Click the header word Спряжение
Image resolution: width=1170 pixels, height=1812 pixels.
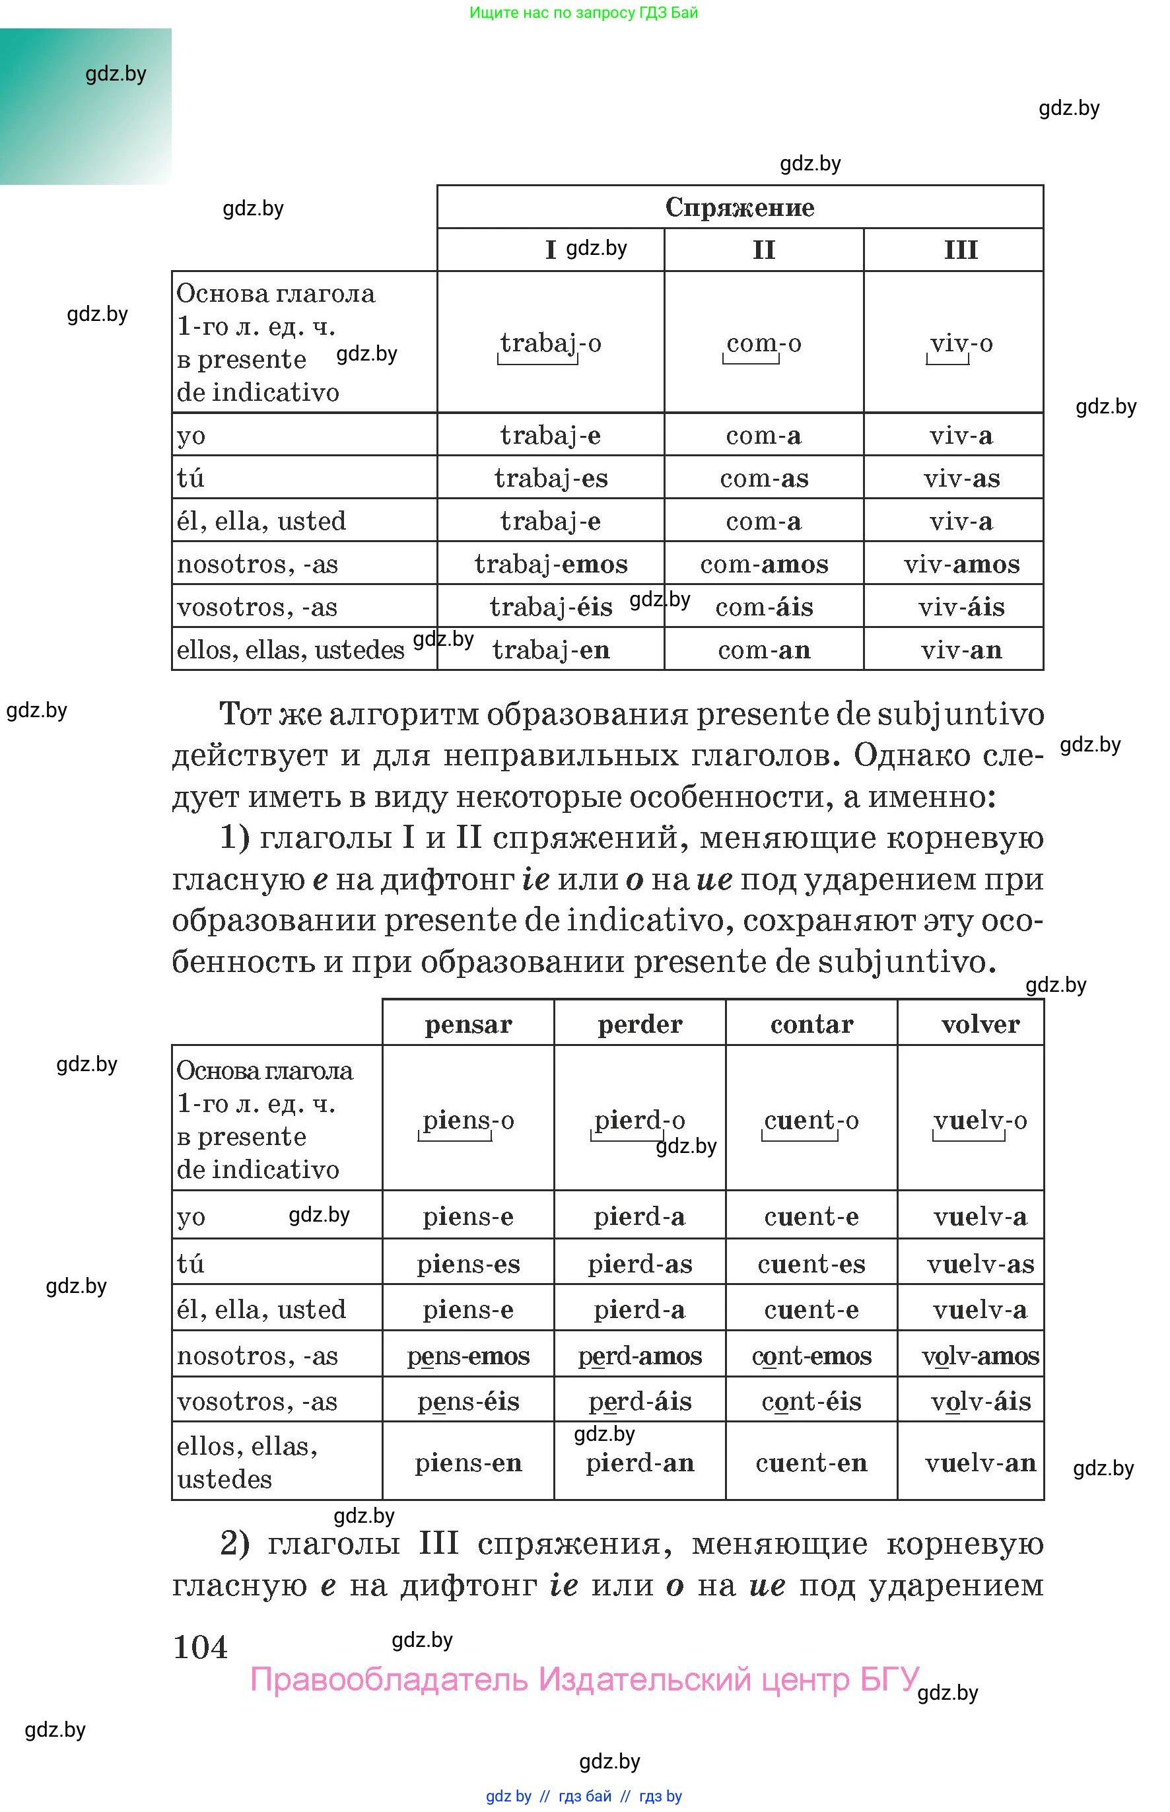[x=740, y=207]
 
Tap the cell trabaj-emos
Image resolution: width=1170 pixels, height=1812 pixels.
[x=551, y=564]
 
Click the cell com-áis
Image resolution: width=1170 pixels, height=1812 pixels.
[x=765, y=607]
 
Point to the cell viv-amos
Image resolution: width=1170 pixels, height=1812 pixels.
[x=961, y=564]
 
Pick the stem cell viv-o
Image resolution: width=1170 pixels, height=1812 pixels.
[x=961, y=343]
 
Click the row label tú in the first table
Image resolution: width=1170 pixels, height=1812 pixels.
[x=191, y=478]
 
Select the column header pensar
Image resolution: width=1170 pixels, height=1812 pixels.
[x=468, y=1024]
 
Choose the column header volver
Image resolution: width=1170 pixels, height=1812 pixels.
[x=979, y=1024]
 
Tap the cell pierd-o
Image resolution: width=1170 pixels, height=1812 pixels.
[x=639, y=1120]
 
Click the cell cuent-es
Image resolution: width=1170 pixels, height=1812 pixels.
[x=811, y=1263]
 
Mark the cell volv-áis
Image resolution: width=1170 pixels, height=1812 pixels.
[x=980, y=1401]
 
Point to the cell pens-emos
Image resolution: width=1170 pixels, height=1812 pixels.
[x=468, y=1356]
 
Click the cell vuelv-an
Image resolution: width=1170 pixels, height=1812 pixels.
[x=980, y=1463]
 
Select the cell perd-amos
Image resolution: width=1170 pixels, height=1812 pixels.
[x=640, y=1356]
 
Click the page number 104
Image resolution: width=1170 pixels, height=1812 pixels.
[x=201, y=1646]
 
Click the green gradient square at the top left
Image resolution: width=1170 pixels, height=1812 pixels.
[x=85, y=106]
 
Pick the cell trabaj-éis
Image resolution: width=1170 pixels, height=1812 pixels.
[x=551, y=607]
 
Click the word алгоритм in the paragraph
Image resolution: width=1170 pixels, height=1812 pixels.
[x=405, y=714]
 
